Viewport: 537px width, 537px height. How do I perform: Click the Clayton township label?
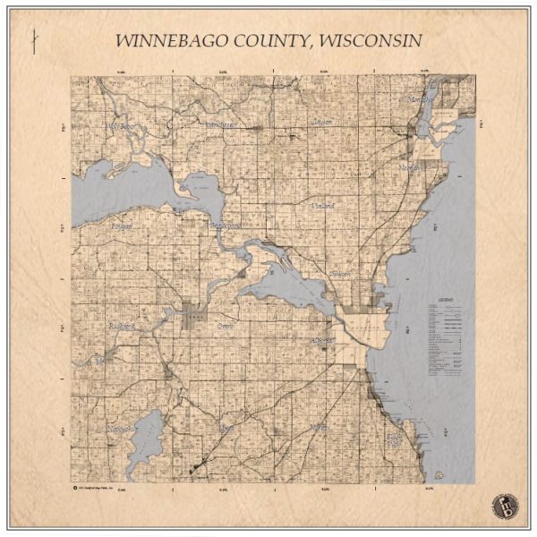321,121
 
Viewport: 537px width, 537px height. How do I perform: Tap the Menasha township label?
417,100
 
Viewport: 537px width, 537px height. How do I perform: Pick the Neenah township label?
410,167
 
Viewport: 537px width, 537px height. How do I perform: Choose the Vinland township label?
322,206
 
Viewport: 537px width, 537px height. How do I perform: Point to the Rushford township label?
120,326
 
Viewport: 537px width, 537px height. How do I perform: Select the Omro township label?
225,327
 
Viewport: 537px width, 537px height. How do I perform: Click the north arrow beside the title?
33,43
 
